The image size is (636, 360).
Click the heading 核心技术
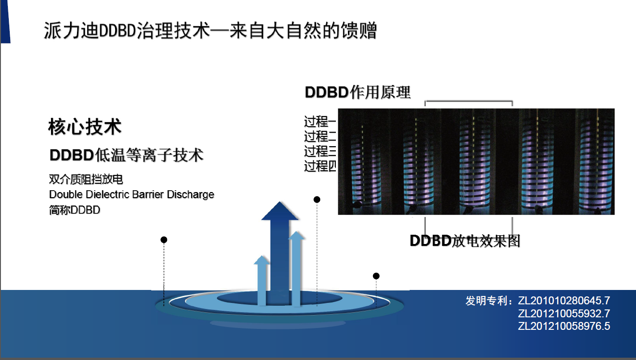84,127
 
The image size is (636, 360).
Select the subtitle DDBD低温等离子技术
126,155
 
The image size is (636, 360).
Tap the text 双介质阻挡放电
85,179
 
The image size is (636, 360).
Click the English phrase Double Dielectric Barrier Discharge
131,194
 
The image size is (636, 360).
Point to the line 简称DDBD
74,210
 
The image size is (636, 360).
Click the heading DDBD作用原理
357,92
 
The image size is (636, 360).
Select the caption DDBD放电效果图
465,241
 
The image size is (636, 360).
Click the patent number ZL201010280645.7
564,300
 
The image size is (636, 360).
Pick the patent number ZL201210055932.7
564,313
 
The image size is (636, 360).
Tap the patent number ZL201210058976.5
564,326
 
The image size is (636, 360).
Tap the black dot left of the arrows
164,240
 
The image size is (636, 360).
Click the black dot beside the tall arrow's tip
317,199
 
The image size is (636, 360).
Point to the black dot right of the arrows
376,276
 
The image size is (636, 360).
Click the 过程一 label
320,122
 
